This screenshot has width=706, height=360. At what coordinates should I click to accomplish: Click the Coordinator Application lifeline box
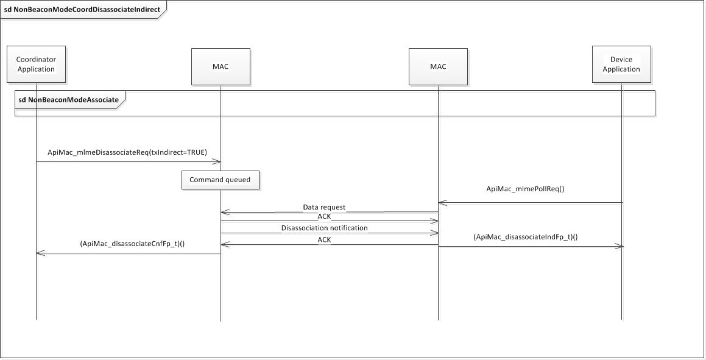click(x=36, y=65)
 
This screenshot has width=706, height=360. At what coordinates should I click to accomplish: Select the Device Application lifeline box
click(x=621, y=65)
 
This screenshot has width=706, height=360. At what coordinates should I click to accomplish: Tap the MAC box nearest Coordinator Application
click(x=221, y=66)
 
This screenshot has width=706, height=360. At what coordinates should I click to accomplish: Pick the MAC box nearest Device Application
click(x=438, y=66)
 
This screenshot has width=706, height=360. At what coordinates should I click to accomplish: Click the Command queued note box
click(x=220, y=180)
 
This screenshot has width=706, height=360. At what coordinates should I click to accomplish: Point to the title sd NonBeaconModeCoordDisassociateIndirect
click(x=82, y=10)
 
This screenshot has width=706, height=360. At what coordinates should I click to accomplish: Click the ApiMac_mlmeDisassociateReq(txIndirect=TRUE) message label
click(x=127, y=152)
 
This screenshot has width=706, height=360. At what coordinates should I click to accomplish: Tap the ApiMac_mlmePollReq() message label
click(x=525, y=188)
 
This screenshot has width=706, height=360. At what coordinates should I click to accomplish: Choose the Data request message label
click(x=324, y=207)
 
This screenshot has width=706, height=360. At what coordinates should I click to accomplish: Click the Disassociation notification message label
click(x=324, y=228)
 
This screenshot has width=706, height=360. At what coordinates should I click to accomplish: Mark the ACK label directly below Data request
click(x=324, y=217)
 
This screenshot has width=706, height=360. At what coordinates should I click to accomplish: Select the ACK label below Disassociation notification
click(x=324, y=240)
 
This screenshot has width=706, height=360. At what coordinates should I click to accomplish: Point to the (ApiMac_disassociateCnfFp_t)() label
click(x=132, y=243)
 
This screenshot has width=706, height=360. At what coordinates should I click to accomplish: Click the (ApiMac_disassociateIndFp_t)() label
click(x=525, y=236)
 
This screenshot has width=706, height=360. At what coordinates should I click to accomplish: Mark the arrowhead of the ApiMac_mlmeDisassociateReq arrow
click(x=217, y=161)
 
